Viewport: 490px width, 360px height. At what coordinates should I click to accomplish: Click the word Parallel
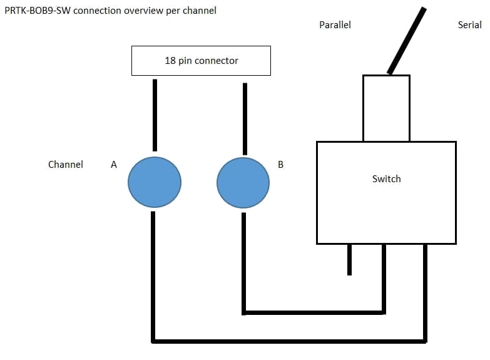[335, 25]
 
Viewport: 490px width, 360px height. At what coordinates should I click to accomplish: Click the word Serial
[469, 25]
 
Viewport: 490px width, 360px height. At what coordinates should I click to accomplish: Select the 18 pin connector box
[201, 61]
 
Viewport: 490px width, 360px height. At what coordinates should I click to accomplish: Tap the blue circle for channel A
[155, 182]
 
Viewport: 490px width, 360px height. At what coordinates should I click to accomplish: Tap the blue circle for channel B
[243, 182]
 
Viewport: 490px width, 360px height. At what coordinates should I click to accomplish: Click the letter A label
[114, 165]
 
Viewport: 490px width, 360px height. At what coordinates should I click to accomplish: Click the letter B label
[280, 165]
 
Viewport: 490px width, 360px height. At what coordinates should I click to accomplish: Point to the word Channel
[66, 165]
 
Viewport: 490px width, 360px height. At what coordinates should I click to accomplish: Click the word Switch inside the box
[386, 179]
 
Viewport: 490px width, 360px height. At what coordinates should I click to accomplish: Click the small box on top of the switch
[386, 108]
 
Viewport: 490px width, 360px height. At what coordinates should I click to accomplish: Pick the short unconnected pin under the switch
[349, 259]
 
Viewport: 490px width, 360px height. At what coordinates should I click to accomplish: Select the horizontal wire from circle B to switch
[314, 311]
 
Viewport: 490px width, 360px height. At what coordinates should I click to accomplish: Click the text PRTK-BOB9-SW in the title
[37, 11]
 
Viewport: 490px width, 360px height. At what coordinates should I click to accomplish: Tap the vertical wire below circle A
[153, 275]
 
